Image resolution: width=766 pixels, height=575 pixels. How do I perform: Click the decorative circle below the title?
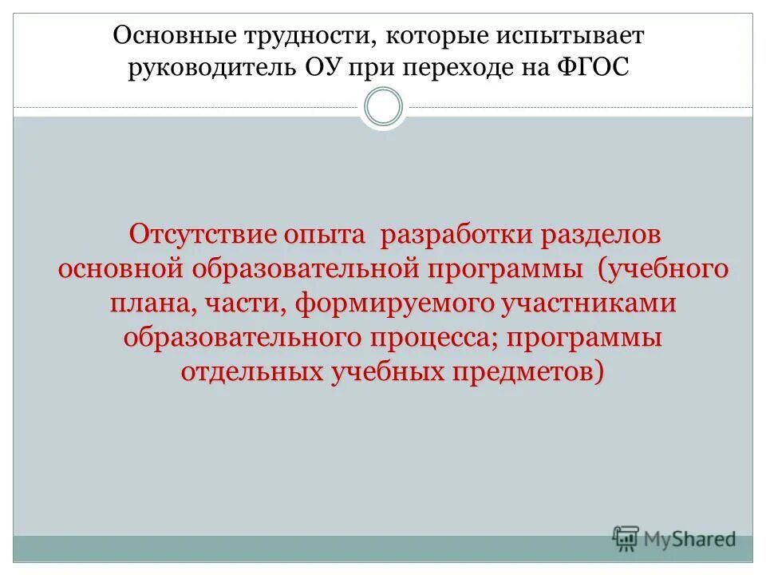pyautogui.click(x=383, y=107)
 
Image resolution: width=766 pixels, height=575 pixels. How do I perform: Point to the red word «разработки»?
pyautogui.click(x=455, y=235)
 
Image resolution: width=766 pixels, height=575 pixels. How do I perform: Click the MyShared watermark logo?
pyautogui.click(x=674, y=537)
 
